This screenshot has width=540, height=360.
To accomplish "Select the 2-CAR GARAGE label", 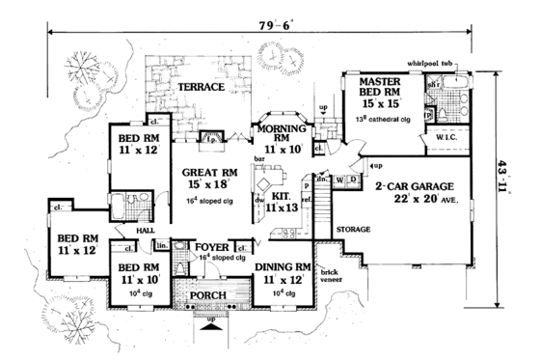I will pos(429,183).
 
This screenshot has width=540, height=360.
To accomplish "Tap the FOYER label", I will pos(212,246).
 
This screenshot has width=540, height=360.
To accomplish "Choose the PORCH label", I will pos(208,297).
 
